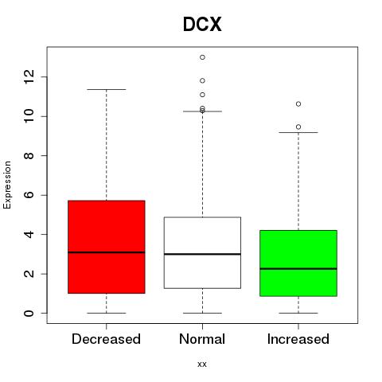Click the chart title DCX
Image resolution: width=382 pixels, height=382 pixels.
[x=202, y=25]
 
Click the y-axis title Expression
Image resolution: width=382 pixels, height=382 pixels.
[x=7, y=185]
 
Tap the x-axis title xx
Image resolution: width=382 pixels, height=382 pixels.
[x=202, y=364]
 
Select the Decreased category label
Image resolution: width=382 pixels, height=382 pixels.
[x=106, y=339]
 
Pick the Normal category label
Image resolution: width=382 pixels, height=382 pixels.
[x=202, y=339]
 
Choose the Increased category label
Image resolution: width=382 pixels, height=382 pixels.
[x=298, y=339]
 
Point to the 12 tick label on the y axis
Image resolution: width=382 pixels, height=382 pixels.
[x=29, y=77]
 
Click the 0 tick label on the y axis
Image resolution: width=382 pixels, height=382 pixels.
[x=29, y=313]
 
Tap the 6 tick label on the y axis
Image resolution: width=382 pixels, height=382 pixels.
[x=29, y=195]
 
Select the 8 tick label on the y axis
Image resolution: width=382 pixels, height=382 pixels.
[x=29, y=155]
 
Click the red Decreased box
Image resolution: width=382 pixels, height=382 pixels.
[x=107, y=247]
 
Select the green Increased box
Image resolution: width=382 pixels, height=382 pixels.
[x=298, y=263]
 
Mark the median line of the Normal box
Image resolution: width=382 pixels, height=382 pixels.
[x=202, y=254]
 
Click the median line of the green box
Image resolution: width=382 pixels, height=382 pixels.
[x=298, y=269]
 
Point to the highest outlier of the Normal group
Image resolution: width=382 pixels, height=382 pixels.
[x=202, y=57]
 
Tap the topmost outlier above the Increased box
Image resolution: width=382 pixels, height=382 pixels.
[x=298, y=104]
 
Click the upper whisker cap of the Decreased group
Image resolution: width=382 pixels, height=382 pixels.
[x=107, y=89]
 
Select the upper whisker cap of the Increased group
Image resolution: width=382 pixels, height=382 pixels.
[x=298, y=132]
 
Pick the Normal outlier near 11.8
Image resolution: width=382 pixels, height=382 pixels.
[x=202, y=80]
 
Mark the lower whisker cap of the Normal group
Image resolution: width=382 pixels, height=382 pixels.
[x=202, y=313]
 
